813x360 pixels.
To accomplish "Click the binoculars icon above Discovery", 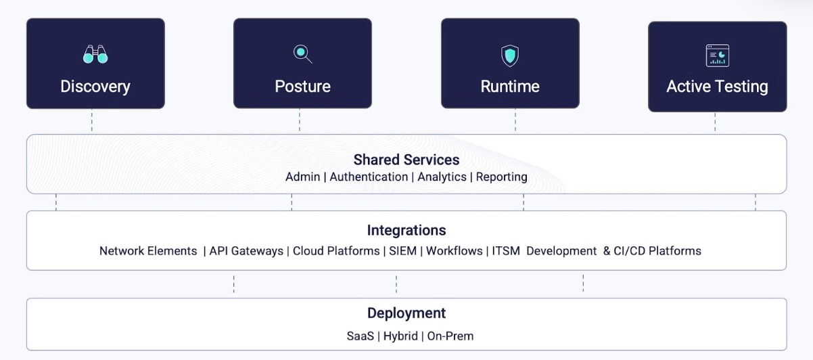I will tap(95, 54).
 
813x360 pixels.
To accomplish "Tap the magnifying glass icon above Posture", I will tap(302, 53).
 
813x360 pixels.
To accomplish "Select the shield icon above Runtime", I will tap(509, 55).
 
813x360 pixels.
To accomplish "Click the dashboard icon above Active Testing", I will tap(717, 55).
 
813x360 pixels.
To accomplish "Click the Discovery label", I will tap(95, 87).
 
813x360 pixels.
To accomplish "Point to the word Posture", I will tap(302, 87).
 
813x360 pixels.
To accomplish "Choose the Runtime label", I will tap(510, 87).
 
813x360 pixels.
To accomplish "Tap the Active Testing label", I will tap(717, 87).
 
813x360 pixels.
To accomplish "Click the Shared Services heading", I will tap(406, 160).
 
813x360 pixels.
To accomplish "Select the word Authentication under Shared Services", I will tap(369, 177).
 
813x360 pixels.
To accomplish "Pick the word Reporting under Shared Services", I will tap(501, 177).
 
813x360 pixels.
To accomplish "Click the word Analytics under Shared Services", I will tap(442, 177).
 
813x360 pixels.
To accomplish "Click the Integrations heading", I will tap(406, 230).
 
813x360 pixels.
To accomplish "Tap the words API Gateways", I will tap(246, 251).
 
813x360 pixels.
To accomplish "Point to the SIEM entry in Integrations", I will tap(403, 251).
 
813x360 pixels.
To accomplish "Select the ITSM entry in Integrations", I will tap(506, 251).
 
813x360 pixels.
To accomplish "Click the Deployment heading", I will tap(406, 313).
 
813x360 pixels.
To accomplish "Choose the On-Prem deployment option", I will tap(450, 336).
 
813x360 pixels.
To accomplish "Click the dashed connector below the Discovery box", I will tap(92, 121).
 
